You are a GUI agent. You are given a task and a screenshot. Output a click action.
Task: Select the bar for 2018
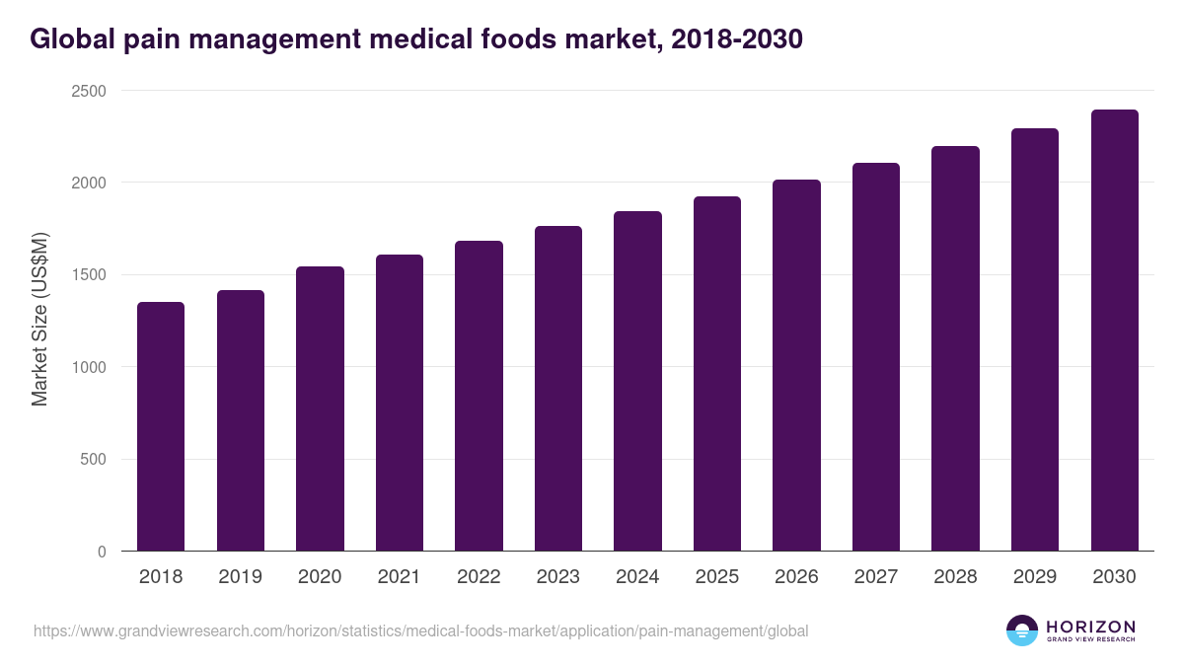161,426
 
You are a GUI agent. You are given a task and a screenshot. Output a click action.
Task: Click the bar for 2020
320,408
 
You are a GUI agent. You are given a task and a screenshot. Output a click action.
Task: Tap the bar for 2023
558,389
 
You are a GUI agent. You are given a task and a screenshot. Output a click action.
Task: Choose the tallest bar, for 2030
1114,331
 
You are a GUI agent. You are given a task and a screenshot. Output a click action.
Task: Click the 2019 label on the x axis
241,577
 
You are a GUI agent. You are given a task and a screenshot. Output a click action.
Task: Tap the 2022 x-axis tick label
479,577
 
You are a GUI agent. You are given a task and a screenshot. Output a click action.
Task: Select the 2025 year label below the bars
717,577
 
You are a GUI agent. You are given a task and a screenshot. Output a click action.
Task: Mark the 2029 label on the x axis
1035,577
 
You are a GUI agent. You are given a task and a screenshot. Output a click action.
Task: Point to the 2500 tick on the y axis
87,91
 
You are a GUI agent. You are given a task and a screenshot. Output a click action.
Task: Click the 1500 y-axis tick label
87,275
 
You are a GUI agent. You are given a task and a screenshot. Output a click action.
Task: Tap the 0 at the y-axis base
102,552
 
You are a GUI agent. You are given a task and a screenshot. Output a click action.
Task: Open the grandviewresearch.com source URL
421,630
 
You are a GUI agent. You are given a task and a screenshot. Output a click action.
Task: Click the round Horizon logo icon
1022,630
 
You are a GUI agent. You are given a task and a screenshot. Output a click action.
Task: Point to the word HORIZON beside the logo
1090,627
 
